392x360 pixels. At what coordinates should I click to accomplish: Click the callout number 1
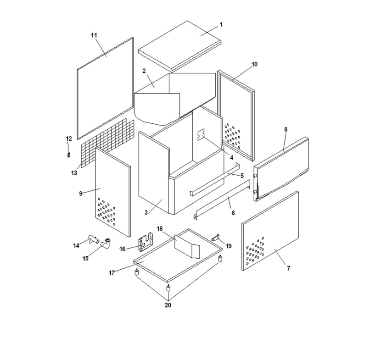[221, 25]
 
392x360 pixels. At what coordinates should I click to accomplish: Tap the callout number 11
[94, 35]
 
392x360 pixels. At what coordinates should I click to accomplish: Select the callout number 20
[168, 305]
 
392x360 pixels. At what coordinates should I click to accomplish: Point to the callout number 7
[289, 268]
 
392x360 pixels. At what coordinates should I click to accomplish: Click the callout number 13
[74, 172]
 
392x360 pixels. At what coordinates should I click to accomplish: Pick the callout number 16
[122, 249]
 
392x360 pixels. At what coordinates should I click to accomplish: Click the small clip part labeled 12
[69, 155]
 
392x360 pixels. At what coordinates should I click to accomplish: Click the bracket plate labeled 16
[146, 242]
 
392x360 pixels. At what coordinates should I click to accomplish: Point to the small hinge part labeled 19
[216, 238]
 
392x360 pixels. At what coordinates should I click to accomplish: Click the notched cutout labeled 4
[201, 134]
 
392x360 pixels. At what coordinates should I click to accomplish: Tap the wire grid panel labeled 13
[107, 144]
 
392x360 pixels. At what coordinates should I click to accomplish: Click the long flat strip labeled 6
[222, 199]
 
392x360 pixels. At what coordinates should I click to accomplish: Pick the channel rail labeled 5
[215, 180]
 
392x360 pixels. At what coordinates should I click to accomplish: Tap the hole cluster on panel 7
[255, 251]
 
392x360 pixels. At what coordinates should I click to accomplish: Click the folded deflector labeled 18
[187, 246]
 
